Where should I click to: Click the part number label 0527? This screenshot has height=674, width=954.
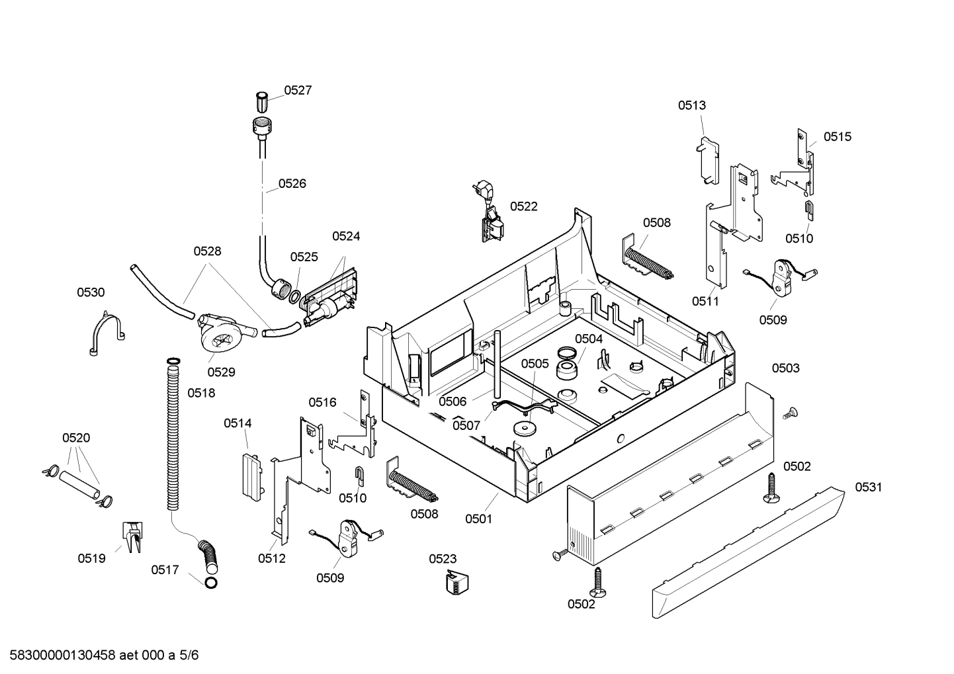(x=298, y=91)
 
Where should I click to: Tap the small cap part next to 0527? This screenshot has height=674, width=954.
(x=262, y=103)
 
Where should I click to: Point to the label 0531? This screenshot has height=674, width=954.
(x=868, y=487)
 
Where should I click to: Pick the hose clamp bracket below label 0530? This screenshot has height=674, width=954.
(x=106, y=335)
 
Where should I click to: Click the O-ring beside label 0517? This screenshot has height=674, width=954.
(x=210, y=583)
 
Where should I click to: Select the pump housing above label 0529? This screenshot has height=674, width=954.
(x=218, y=334)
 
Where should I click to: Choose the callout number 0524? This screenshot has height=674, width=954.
(x=346, y=236)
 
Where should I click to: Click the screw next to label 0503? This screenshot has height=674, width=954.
(x=789, y=413)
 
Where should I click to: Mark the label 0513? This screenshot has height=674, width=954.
(x=691, y=105)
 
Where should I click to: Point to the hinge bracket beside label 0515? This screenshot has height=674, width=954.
(x=798, y=165)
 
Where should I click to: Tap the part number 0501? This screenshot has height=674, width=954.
(x=478, y=519)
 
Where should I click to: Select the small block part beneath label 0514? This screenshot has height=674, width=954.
(x=250, y=474)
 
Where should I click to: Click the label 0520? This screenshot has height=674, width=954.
(x=76, y=438)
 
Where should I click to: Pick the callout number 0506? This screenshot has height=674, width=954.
(x=453, y=401)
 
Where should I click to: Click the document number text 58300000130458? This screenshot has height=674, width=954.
(x=60, y=655)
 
